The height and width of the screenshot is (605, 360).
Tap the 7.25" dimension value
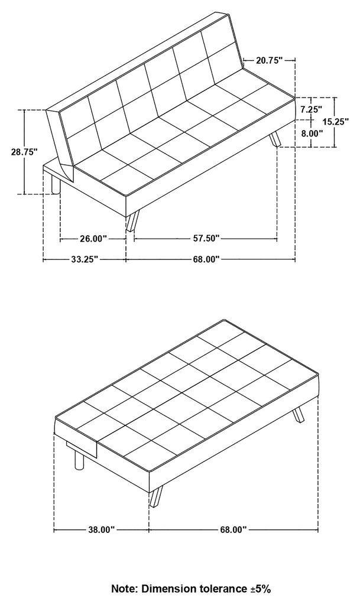pyautogui.click(x=311, y=109)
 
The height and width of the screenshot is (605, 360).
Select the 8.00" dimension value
pyautogui.click(x=311, y=133)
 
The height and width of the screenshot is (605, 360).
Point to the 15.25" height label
pyautogui.click(x=336, y=122)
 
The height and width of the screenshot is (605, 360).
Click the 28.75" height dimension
pyautogui.click(x=24, y=152)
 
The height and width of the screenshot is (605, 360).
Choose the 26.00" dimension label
pyautogui.click(x=93, y=239)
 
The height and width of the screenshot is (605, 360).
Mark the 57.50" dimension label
pyautogui.click(x=206, y=238)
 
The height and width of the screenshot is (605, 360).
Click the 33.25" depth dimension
pyautogui.click(x=84, y=259)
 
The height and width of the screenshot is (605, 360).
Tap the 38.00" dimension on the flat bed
pyautogui.click(x=102, y=530)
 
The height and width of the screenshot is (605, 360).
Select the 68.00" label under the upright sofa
pyautogui.click(x=206, y=259)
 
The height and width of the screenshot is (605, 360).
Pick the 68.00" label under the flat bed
pyautogui.click(x=233, y=530)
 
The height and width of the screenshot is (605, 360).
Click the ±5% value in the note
pyautogui.click(x=259, y=589)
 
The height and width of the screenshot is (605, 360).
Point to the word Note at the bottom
pyautogui.click(x=124, y=589)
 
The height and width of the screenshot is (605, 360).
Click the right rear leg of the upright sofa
pyautogui.click(x=275, y=139)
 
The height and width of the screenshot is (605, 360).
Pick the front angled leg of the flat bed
pyautogui.click(x=156, y=496)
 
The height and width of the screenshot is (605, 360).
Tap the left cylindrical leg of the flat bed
pyautogui.click(x=79, y=460)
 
